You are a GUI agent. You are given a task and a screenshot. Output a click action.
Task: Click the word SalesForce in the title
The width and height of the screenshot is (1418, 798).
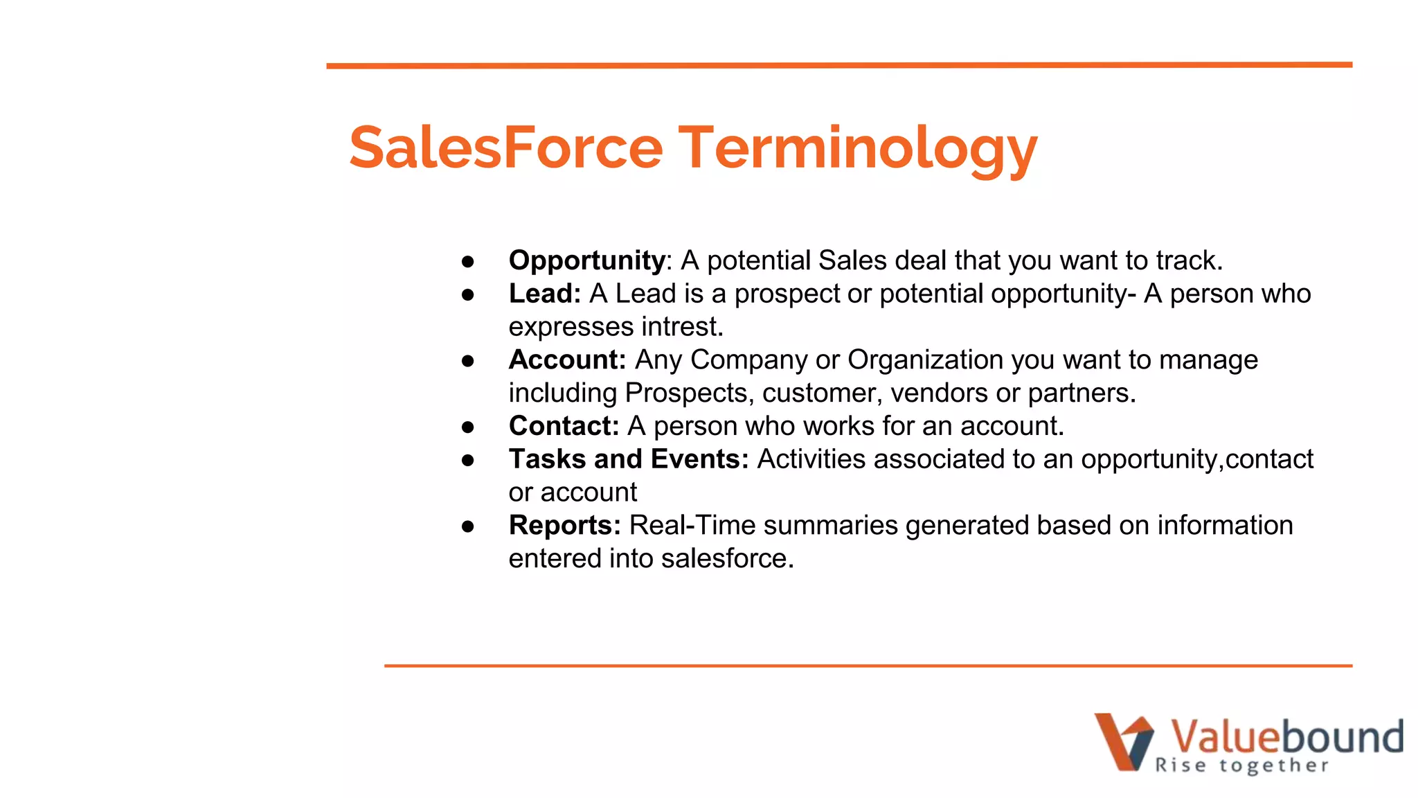coord(505,148)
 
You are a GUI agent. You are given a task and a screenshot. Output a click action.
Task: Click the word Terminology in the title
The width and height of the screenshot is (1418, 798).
coord(857,148)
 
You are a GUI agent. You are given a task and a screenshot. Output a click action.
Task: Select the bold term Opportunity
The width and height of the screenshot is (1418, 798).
coord(586,260)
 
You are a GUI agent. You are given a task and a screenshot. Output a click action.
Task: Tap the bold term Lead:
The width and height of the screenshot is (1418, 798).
coord(544,294)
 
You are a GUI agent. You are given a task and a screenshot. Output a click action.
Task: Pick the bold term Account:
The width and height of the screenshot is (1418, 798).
coord(567,360)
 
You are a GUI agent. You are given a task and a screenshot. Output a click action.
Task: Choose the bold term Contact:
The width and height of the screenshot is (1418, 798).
coord(564,426)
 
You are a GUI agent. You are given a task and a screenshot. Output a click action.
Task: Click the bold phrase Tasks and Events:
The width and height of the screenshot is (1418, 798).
coord(629,459)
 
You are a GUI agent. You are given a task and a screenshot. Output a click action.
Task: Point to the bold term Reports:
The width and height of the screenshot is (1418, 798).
coord(564,526)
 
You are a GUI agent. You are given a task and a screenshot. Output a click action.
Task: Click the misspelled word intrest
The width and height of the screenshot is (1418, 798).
coord(681,327)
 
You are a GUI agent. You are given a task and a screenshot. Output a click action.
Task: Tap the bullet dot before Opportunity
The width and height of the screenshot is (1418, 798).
coord(468,262)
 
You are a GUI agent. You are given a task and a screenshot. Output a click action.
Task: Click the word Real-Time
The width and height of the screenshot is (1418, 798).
coord(692,526)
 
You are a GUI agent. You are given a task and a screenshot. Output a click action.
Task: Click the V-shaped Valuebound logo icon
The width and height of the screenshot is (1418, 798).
coord(1123,742)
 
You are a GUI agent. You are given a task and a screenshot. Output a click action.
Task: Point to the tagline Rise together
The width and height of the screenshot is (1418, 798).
coord(1242,765)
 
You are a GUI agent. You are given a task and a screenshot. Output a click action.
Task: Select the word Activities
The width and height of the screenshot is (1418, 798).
coord(811,459)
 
